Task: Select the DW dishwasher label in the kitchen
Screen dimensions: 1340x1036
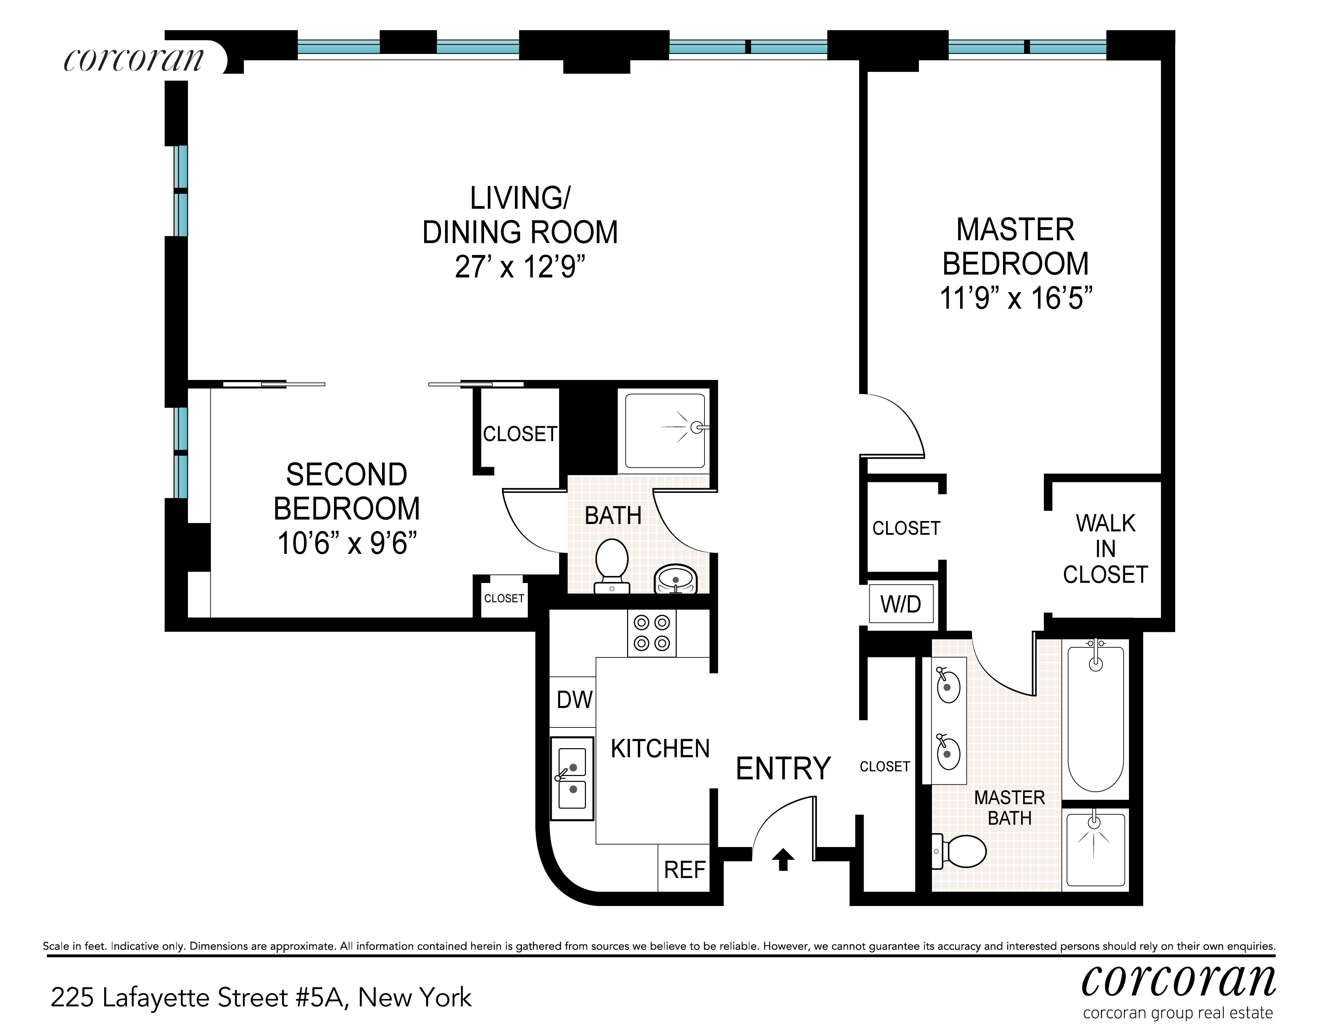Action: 574,700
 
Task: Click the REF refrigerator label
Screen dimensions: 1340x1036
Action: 685,870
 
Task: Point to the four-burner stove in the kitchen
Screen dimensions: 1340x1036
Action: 652,633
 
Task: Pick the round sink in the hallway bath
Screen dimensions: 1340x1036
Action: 675,579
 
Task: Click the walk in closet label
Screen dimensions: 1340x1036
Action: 1105,549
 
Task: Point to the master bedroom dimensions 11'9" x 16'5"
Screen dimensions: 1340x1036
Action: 1016,298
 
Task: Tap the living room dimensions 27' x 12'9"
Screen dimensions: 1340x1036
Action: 520,267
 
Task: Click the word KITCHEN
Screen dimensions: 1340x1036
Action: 660,749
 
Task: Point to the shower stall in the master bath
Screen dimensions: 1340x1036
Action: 1096,850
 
